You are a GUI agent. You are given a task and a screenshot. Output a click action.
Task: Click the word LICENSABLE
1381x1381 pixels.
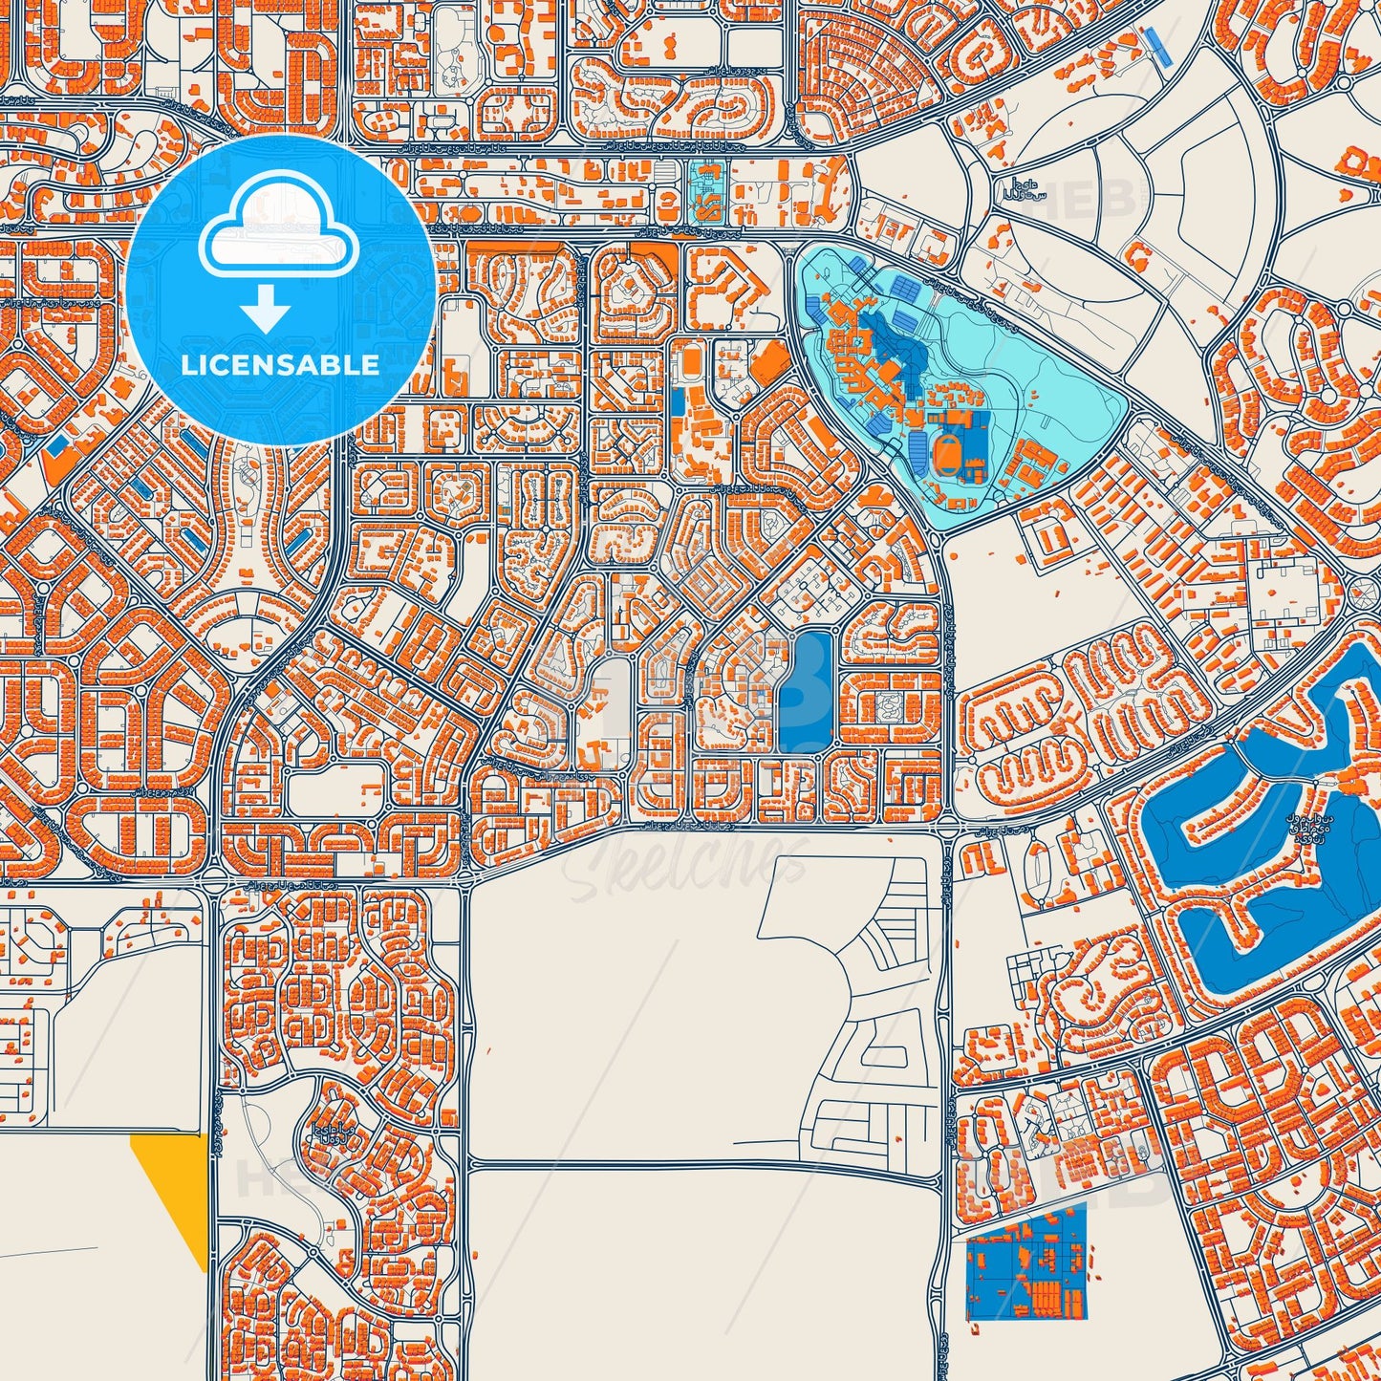(281, 364)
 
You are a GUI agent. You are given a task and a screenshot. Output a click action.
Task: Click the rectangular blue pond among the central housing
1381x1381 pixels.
(806, 692)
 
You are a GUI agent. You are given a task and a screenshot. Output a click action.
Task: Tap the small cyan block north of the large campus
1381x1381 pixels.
(705, 192)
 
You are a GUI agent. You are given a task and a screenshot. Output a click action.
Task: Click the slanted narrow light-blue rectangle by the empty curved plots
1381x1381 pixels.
(1159, 46)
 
